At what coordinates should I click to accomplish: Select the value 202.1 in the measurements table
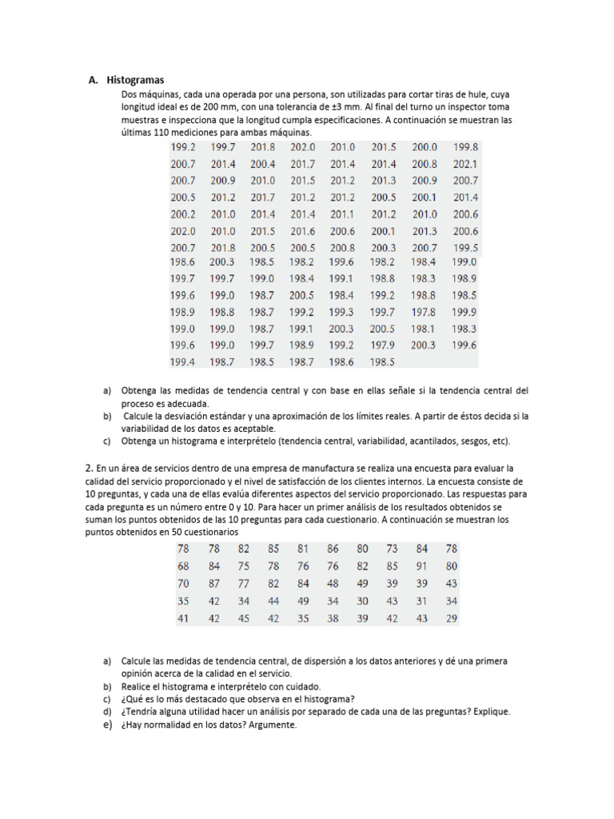[465, 164]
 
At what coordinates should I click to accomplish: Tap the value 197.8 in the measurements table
[424, 312]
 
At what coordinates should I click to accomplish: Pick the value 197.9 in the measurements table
[383, 346]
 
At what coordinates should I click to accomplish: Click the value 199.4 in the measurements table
[182, 362]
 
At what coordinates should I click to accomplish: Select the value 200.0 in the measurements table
[425, 147]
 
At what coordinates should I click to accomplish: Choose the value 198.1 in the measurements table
[424, 329]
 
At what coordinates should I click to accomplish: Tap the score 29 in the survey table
[452, 618]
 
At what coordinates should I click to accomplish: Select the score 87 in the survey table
[213, 584]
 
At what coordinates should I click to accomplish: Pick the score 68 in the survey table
[184, 566]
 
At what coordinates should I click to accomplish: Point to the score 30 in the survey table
[362, 601]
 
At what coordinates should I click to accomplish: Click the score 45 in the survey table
[243, 618]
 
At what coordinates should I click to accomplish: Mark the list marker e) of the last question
[107, 725]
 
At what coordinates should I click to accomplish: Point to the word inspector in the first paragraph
[481, 106]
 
